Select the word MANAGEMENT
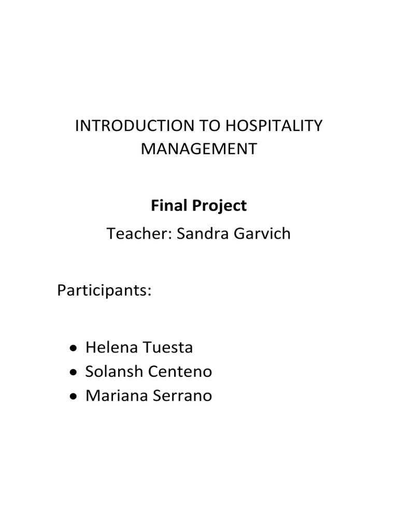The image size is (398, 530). pos(199,149)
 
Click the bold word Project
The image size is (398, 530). pos(222,206)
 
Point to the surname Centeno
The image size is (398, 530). pos(180,372)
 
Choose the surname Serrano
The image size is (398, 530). pos(181,396)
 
